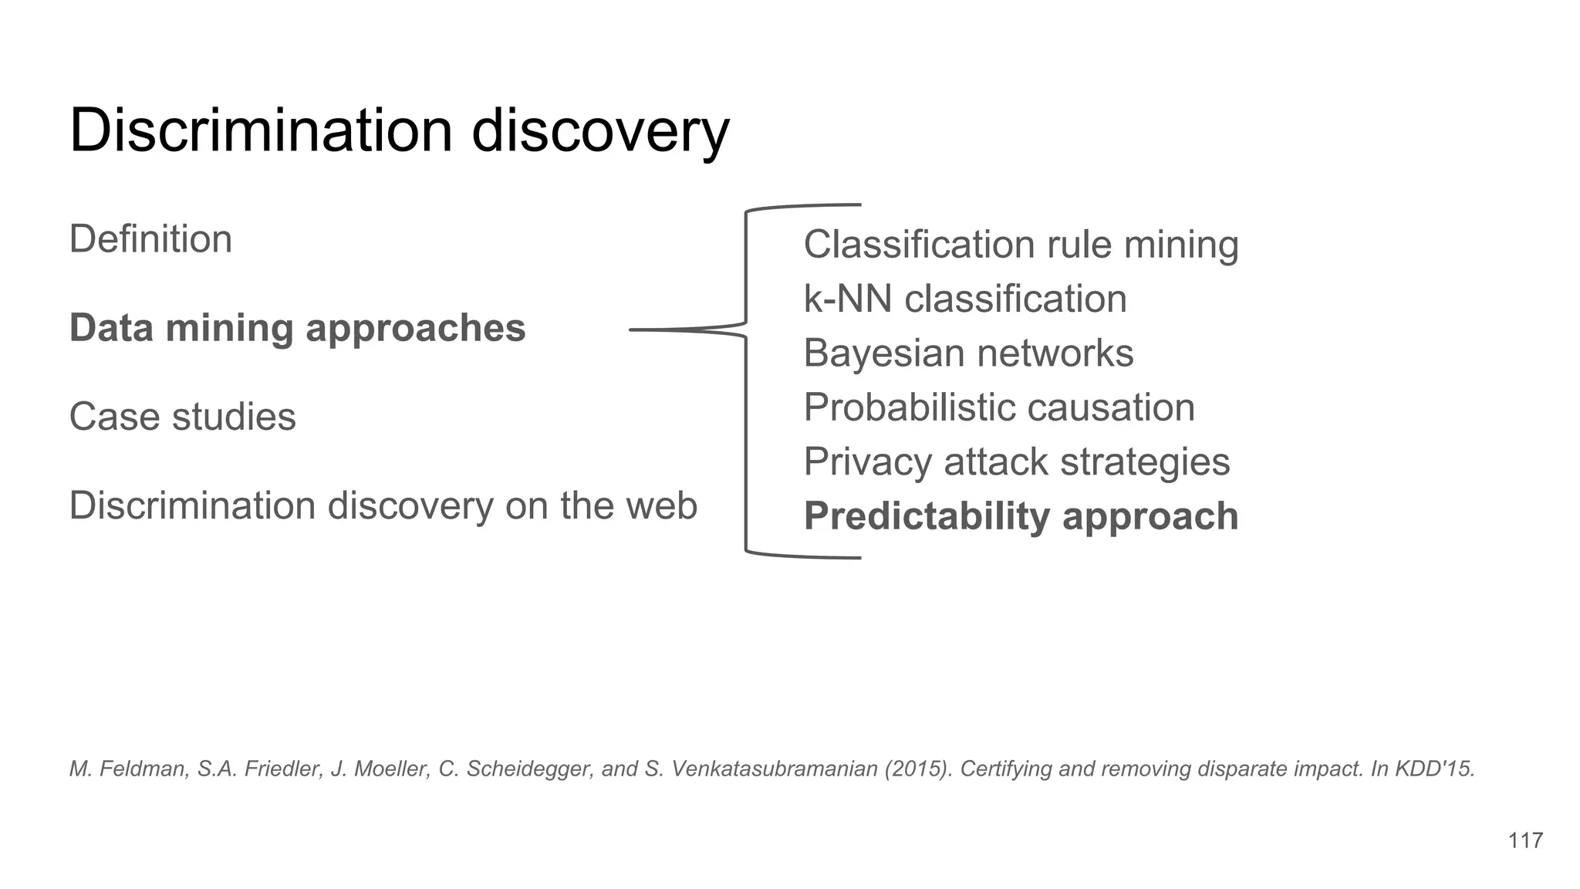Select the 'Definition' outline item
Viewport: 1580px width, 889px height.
click(x=150, y=239)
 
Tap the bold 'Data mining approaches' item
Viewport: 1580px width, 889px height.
click(x=297, y=328)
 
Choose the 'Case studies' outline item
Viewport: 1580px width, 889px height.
click(x=182, y=417)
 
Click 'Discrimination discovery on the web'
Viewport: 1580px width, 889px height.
click(x=383, y=506)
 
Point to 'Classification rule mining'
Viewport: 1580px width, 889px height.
click(x=1020, y=245)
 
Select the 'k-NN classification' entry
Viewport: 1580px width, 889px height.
click(x=964, y=299)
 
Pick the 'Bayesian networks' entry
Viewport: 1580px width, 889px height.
click(x=968, y=353)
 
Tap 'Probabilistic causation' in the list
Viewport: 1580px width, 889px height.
click(x=998, y=407)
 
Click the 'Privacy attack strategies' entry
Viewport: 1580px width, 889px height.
click(x=1016, y=462)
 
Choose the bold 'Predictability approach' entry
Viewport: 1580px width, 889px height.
click(x=1020, y=516)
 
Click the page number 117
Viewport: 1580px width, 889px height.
click(x=1525, y=840)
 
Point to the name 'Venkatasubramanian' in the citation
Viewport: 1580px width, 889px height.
click(x=775, y=769)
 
